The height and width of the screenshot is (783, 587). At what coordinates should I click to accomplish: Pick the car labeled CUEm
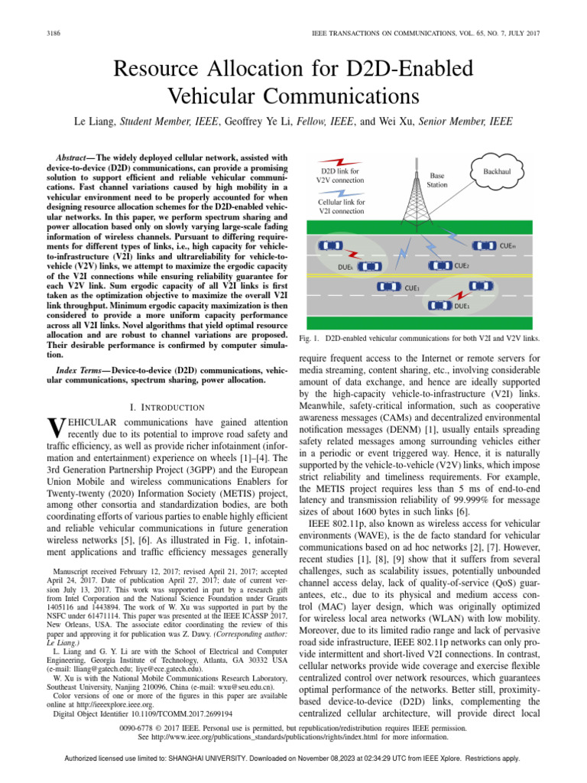484,245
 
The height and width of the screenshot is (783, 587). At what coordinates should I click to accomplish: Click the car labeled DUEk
369,267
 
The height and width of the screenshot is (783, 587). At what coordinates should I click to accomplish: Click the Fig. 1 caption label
308,337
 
